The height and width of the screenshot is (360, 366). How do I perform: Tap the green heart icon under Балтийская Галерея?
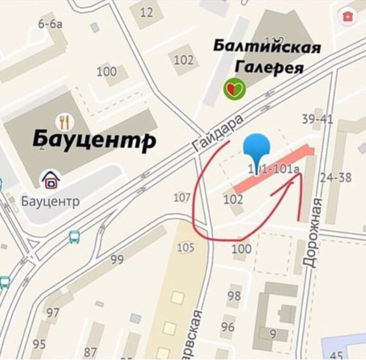(x=234, y=89)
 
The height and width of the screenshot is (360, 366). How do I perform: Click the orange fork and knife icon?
(x=64, y=121)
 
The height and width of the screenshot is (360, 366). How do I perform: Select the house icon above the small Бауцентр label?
(x=50, y=180)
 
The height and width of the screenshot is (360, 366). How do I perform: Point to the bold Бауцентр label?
(x=94, y=140)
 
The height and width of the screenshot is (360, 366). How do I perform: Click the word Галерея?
(x=270, y=66)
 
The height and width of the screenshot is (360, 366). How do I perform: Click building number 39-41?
(x=317, y=119)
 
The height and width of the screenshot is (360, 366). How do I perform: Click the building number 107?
(x=182, y=197)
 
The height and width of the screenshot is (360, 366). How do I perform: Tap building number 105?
(x=185, y=248)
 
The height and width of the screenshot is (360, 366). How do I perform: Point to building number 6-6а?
(x=50, y=24)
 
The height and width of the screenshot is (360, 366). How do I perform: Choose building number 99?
(x=117, y=259)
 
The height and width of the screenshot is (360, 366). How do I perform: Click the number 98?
(x=234, y=296)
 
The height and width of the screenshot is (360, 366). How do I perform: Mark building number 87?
(x=90, y=352)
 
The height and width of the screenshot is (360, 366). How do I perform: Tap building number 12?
(x=146, y=12)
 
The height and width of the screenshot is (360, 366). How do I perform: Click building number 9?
(x=273, y=334)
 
